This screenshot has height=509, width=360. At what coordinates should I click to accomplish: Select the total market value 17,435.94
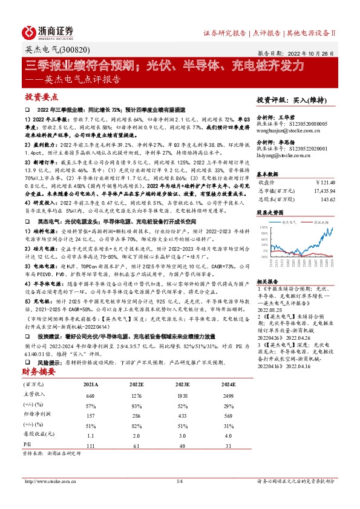322,190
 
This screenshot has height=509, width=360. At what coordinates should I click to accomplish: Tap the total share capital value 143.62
327,198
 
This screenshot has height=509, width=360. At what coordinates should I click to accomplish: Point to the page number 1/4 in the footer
179,481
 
